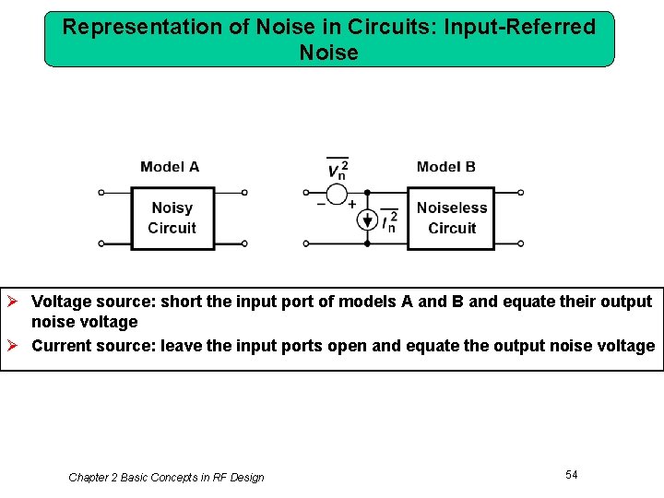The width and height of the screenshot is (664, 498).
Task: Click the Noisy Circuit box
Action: pyautogui.click(x=172, y=219)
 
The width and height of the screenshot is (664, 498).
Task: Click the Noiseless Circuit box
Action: pyautogui.click(x=452, y=219)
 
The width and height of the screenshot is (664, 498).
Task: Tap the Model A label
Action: pyautogui.click(x=170, y=167)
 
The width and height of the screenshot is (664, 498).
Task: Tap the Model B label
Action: pyautogui.click(x=446, y=167)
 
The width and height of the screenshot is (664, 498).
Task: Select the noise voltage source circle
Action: pyautogui.click(x=338, y=194)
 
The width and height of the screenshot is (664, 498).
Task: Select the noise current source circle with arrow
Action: pyautogui.click(x=367, y=221)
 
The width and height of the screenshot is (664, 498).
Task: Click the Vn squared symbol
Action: pyautogui.click(x=338, y=169)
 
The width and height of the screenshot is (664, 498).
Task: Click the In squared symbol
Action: pyautogui.click(x=389, y=221)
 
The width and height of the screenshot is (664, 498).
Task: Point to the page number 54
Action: pyautogui.click(x=572, y=474)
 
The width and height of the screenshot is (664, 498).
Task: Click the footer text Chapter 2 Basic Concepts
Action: pyautogui.click(x=166, y=478)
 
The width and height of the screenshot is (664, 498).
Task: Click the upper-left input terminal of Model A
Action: pyautogui.click(x=101, y=193)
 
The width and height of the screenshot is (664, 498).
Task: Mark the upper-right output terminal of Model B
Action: pyautogui.click(x=521, y=193)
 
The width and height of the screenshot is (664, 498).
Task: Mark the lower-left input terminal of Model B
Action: pyautogui.click(x=307, y=244)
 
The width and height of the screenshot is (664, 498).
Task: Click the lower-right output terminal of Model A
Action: pyautogui.click(x=244, y=244)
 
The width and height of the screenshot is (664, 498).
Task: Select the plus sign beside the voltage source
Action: pyautogui.click(x=352, y=204)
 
